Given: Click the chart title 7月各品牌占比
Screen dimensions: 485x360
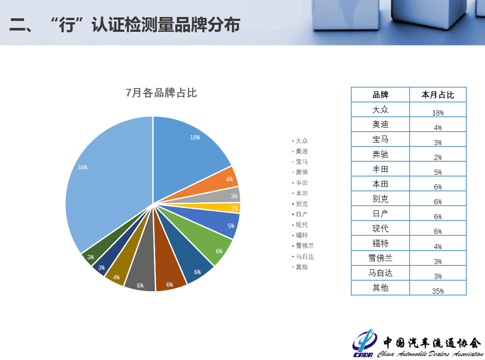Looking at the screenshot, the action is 161,93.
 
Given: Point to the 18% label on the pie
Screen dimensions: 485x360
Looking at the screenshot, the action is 195,137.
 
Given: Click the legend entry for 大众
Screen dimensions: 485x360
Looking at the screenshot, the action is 300,141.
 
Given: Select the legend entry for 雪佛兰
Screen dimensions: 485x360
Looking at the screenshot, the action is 303,245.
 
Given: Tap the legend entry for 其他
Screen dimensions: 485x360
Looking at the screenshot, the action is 300,267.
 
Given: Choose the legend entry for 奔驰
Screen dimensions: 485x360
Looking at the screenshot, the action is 300,172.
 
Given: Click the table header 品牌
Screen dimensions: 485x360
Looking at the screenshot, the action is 380,95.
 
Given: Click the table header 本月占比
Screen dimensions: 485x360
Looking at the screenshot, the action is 438,95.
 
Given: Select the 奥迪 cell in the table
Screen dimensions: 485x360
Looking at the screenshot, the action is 380,124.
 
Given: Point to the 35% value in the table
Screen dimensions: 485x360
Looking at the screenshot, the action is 438,291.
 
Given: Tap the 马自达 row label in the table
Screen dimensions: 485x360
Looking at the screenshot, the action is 380,273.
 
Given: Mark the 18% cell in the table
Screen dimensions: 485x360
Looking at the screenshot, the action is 438,113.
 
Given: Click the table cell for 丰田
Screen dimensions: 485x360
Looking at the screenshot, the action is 380,169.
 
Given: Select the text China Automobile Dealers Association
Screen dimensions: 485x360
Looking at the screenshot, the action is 430,353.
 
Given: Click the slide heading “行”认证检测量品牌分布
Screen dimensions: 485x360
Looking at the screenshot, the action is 146,24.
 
